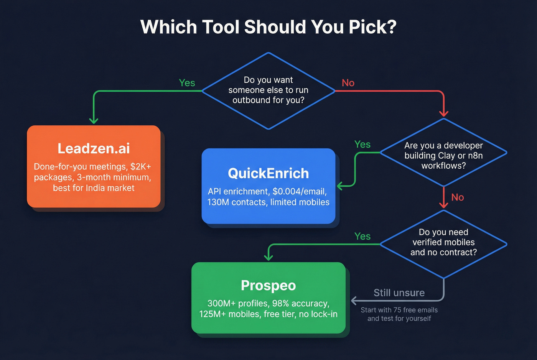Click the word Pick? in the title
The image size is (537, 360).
click(x=372, y=27)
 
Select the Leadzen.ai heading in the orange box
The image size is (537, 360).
click(x=94, y=148)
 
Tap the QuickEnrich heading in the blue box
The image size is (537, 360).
click(x=268, y=173)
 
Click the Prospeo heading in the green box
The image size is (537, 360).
click(x=268, y=285)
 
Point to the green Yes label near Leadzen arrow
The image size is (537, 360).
click(x=187, y=83)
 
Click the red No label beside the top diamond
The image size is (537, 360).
click(x=348, y=83)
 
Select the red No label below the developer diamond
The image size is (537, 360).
click(x=457, y=197)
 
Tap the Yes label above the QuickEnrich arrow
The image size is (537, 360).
click(x=362, y=144)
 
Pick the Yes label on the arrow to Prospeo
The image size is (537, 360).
click(x=362, y=236)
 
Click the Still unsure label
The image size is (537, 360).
click(x=399, y=293)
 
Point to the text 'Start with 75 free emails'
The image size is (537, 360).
click(x=399, y=310)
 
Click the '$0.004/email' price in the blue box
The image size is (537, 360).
click(x=300, y=191)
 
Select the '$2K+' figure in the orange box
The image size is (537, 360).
click(x=141, y=167)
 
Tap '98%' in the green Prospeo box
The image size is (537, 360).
click(x=280, y=303)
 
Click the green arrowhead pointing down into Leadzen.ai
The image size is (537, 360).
click(x=94, y=120)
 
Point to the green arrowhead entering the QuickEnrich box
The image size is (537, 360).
click(x=340, y=186)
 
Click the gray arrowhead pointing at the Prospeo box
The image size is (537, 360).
click(x=354, y=300)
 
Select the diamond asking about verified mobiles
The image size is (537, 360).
click(x=443, y=244)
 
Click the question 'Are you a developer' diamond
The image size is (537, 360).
click(x=443, y=153)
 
